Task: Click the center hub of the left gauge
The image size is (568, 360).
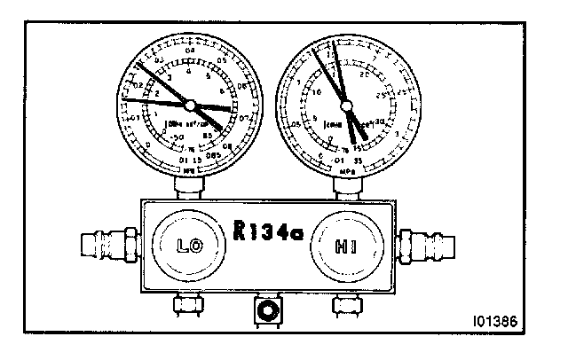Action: [x=196, y=105]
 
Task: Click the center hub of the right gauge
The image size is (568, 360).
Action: [x=346, y=105]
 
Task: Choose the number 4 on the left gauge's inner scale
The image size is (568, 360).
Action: [x=189, y=72]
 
